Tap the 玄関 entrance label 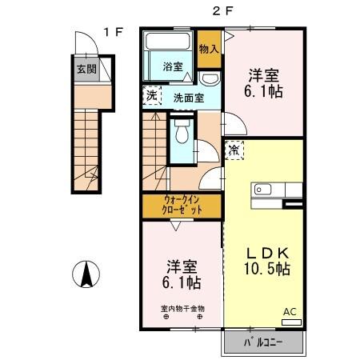(86, 69)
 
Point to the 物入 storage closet (209, 50)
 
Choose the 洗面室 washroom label (189, 98)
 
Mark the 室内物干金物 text (182, 308)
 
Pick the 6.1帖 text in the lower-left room (183, 284)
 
